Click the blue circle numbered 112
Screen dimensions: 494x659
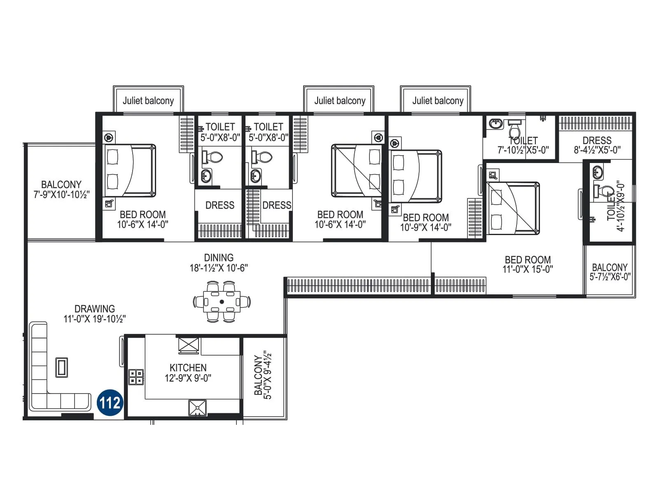pyautogui.click(x=110, y=402)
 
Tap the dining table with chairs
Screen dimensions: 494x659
pyautogui.click(x=222, y=302)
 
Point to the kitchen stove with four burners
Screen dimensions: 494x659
pyautogui.click(x=136, y=377)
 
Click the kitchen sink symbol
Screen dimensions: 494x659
pyautogui.click(x=197, y=408)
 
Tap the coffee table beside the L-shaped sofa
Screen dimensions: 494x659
pyautogui.click(x=62, y=367)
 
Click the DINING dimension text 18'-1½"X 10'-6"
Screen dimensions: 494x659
pyautogui.click(x=218, y=268)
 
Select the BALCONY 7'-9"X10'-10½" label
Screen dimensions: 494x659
pyautogui.click(x=61, y=189)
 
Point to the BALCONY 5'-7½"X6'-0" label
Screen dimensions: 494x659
pyautogui.click(x=610, y=272)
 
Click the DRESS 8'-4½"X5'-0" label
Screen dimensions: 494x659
pyautogui.click(x=597, y=145)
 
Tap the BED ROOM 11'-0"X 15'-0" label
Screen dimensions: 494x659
pyautogui.click(x=528, y=264)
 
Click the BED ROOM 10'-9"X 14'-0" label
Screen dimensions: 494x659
pyautogui.click(x=425, y=222)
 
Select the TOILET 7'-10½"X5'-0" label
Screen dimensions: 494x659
pyautogui.click(x=523, y=145)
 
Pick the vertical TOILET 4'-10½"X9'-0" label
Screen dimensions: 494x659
pyautogui.click(x=616, y=208)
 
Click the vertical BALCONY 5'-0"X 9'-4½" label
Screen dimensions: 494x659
pyautogui.click(x=263, y=375)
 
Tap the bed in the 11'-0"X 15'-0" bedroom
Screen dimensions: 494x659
pyautogui.click(x=513, y=208)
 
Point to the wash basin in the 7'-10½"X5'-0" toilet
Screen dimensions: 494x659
pyautogui.click(x=495, y=123)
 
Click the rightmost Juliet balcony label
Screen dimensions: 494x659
pyautogui.click(x=438, y=101)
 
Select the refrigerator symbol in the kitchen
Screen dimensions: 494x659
pyautogui.click(x=189, y=345)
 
